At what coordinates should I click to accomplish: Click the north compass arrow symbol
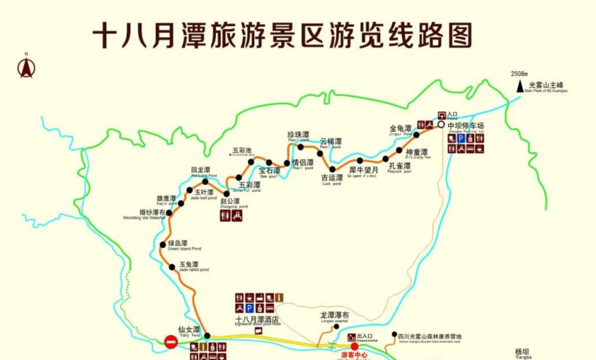pyautogui.click(x=26, y=68)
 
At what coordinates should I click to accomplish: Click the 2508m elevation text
pyautogui.click(x=519, y=74)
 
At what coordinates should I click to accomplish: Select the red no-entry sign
pyautogui.click(x=171, y=342)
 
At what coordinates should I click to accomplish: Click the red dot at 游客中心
pyautogui.click(x=354, y=346)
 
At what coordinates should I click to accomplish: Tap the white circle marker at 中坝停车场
pyautogui.click(x=441, y=124)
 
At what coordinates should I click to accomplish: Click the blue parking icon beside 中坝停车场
pyautogui.click(x=459, y=138)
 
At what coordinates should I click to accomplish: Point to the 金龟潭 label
pyautogui.click(x=400, y=128)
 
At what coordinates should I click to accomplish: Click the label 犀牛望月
pyautogui.click(x=364, y=170)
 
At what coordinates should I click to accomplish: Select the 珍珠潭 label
pyautogui.click(x=298, y=135)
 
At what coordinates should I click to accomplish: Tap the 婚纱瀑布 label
pyautogui.click(x=144, y=212)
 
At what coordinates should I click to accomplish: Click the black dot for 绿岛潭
pyautogui.click(x=163, y=245)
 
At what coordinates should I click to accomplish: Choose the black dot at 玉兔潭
pyautogui.click(x=172, y=267)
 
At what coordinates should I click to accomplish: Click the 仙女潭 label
pyautogui.click(x=189, y=330)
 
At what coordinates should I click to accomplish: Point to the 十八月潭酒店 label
pyautogui.click(x=257, y=319)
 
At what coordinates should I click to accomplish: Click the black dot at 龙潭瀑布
pyautogui.click(x=336, y=327)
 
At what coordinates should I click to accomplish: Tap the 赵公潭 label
pyautogui.click(x=231, y=201)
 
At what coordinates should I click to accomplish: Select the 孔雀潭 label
pyautogui.click(x=399, y=166)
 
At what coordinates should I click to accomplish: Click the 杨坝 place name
pyautogui.click(x=523, y=351)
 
